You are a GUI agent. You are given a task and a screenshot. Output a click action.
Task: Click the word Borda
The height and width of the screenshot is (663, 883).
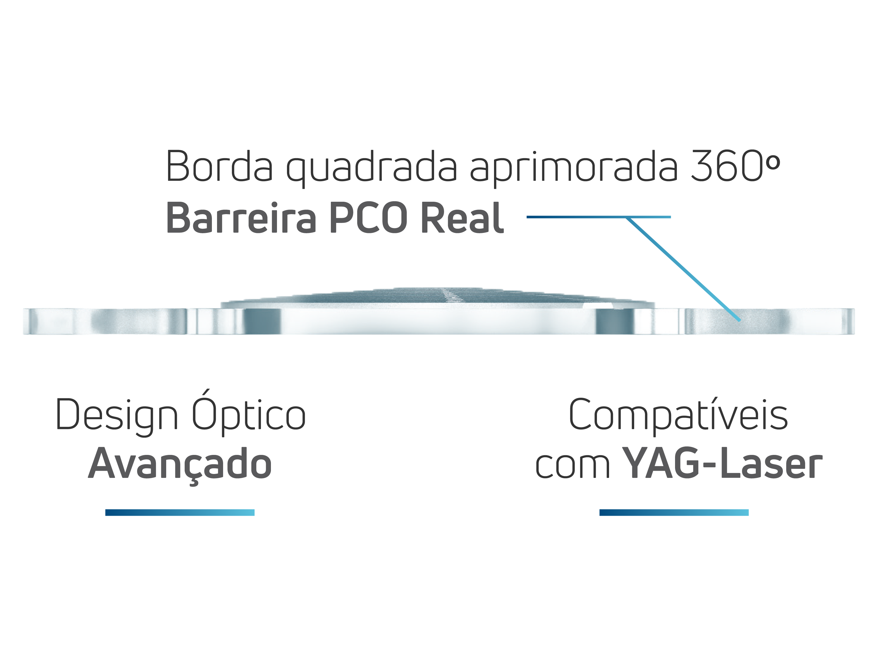(219, 165)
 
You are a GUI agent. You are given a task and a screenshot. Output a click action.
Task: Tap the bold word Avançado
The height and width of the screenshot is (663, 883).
(180, 464)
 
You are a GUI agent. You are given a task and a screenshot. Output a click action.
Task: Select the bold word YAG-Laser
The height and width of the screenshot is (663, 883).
(722, 464)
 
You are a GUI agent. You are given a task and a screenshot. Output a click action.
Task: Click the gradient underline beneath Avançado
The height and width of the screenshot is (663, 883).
(180, 513)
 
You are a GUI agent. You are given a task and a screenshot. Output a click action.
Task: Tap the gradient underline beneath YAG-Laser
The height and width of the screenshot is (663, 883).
(674, 513)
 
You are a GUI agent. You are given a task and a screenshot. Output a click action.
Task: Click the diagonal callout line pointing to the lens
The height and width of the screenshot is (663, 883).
(683, 268)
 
